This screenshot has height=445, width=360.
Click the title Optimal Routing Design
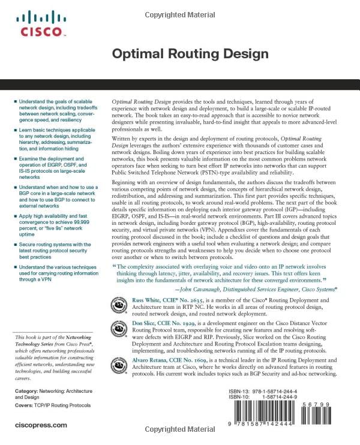190,54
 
